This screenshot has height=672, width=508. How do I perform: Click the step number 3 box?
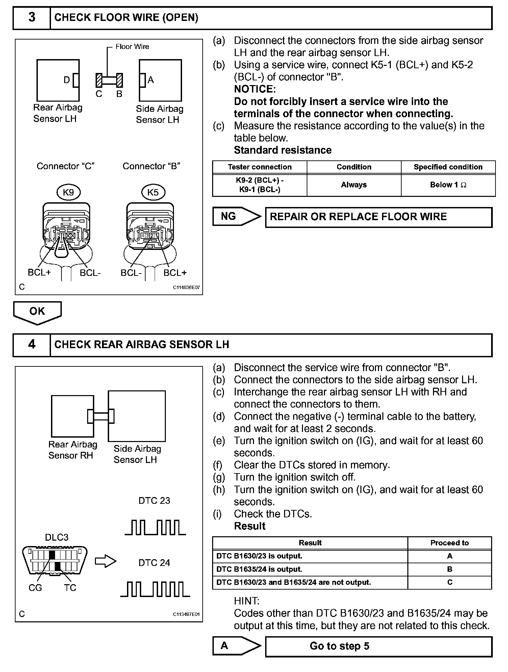click(x=31, y=18)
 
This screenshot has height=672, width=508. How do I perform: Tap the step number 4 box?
click(x=31, y=345)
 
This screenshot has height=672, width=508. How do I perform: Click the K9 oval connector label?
click(x=68, y=192)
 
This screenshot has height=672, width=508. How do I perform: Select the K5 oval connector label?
click(x=153, y=192)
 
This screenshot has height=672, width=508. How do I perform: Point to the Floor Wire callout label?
click(x=132, y=47)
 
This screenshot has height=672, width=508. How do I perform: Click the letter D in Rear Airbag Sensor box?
click(x=67, y=80)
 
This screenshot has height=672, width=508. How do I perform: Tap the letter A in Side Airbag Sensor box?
click(x=151, y=80)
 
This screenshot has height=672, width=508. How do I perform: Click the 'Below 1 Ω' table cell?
click(x=448, y=185)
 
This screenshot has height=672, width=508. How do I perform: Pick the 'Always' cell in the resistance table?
click(x=354, y=185)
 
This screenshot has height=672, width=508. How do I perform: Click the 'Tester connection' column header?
click(x=259, y=167)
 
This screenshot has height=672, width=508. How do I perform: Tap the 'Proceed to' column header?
click(x=449, y=543)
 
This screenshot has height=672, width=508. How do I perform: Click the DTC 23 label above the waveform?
click(x=154, y=500)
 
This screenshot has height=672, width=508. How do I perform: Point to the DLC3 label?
click(x=57, y=537)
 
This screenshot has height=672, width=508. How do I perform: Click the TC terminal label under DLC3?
click(x=70, y=588)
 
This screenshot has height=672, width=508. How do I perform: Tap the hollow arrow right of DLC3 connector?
click(x=105, y=561)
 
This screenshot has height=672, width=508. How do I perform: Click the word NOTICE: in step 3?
click(x=255, y=89)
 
